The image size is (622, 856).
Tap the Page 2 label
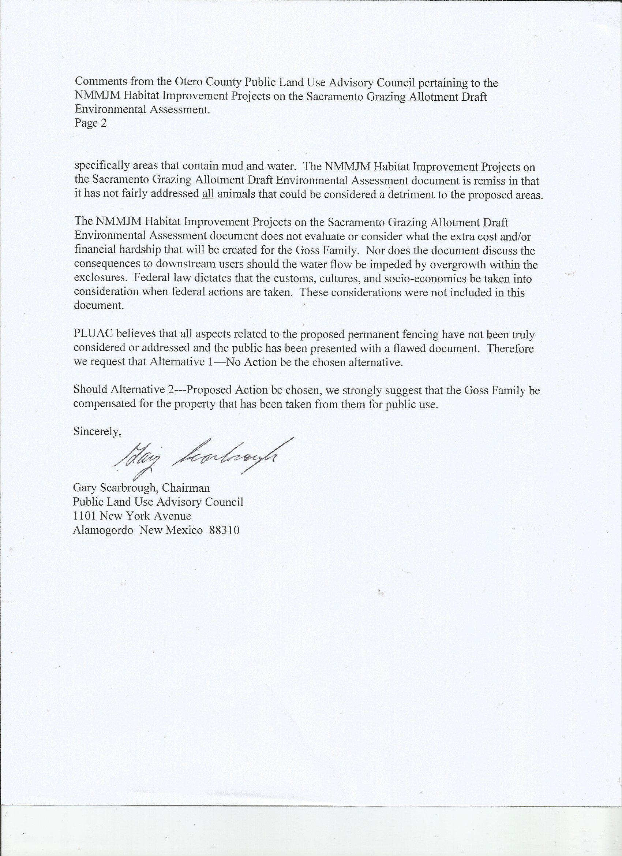90,123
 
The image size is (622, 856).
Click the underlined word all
208,194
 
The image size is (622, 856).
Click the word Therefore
510,348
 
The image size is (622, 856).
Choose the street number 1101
85,516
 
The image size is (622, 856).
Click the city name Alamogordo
103,530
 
